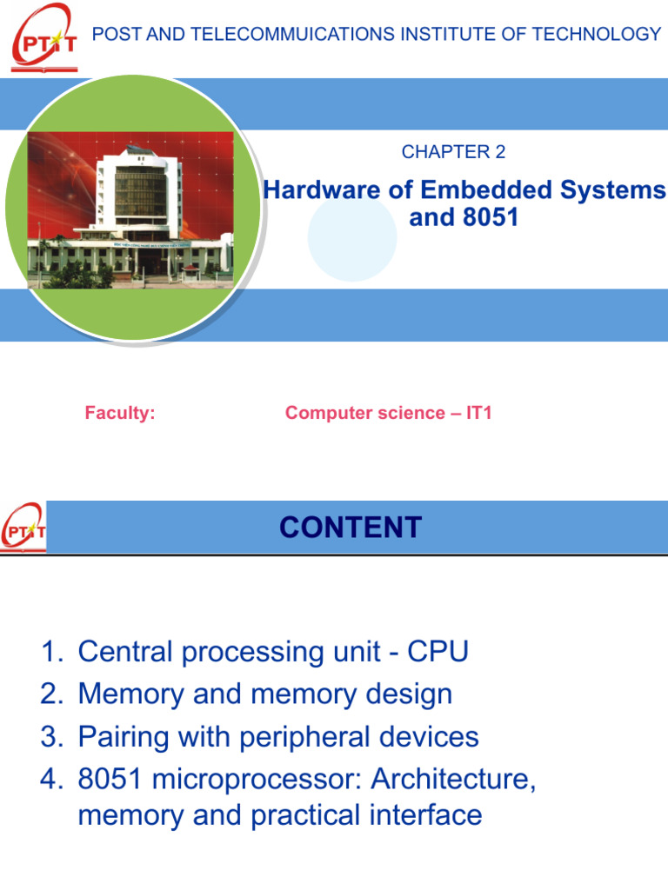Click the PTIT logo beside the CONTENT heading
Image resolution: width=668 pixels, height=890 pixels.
[x=23, y=528]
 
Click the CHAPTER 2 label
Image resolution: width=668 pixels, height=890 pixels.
[x=453, y=152]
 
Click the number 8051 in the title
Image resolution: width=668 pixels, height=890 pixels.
[x=488, y=217]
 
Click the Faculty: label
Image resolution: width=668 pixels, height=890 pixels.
[x=120, y=414]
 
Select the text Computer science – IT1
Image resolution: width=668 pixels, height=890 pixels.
[x=389, y=414]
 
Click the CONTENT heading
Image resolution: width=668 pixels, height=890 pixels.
[x=351, y=528]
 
